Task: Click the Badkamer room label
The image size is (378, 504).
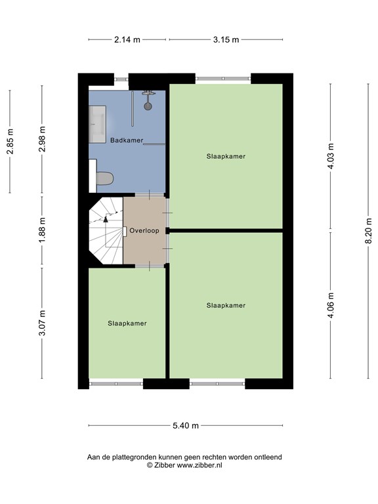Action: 127,140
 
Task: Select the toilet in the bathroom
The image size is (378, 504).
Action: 104,178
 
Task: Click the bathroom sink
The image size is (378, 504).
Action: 98,125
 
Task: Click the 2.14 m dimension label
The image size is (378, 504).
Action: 127,39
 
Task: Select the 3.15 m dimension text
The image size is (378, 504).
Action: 226,39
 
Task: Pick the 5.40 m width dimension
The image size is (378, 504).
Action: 186,425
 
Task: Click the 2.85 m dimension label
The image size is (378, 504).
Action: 10,141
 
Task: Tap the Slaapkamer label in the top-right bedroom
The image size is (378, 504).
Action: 226,156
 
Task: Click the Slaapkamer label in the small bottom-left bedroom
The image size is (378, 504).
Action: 127,324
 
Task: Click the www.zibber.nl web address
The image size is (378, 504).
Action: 199,465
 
